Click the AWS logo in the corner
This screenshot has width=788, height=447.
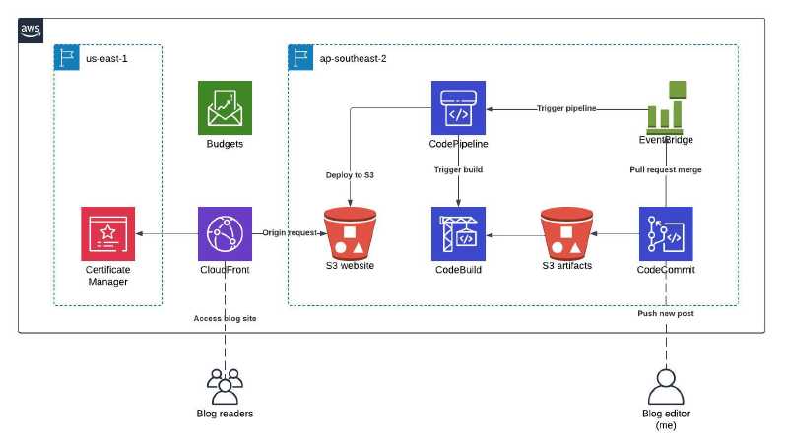pyautogui.click(x=32, y=31)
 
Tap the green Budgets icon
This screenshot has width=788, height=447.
pyautogui.click(x=225, y=106)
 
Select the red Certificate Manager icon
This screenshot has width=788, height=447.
pyautogui.click(x=107, y=233)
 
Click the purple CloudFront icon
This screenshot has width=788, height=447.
pyautogui.click(x=226, y=233)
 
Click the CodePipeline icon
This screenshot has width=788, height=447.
pyautogui.click(x=459, y=106)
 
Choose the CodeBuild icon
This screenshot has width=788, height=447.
pyautogui.click(x=459, y=233)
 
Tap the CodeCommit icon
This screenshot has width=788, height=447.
pyautogui.click(x=666, y=233)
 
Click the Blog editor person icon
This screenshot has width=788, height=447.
pyautogui.click(x=666, y=383)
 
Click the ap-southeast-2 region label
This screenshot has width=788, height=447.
pyautogui.click(x=353, y=59)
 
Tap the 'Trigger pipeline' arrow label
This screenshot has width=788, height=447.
pyautogui.click(x=566, y=107)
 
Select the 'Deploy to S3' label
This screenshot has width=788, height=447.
pyautogui.click(x=351, y=175)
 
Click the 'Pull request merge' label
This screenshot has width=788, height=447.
pyautogui.click(x=666, y=170)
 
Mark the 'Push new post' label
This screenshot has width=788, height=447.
pyautogui.click(x=666, y=313)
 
